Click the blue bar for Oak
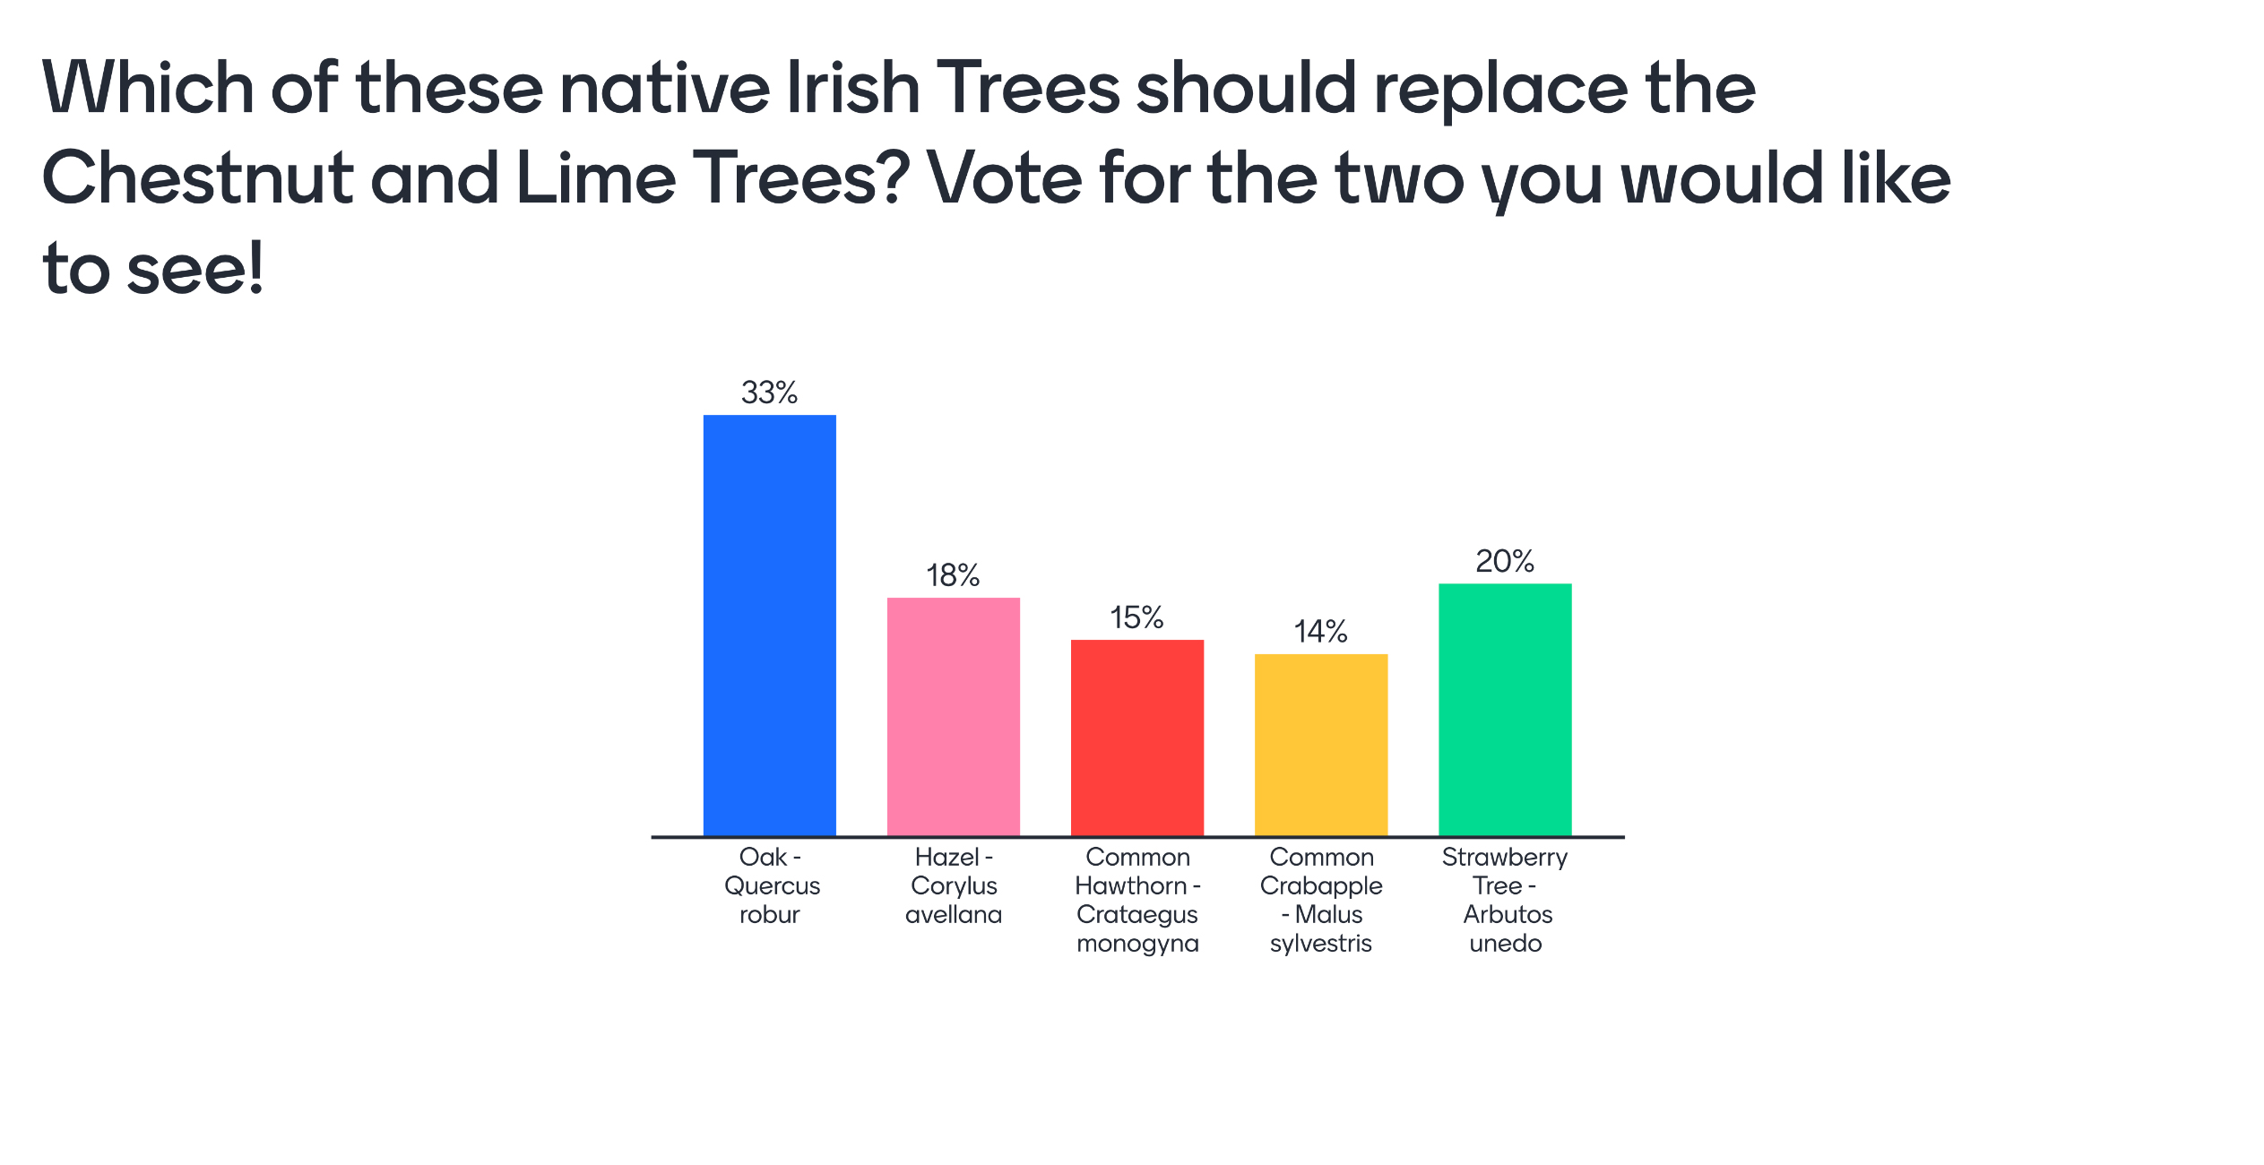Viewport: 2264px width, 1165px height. [769, 625]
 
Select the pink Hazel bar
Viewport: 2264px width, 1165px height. [954, 716]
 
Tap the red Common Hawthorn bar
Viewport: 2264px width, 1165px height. [1137, 738]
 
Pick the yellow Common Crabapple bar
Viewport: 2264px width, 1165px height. [1321, 745]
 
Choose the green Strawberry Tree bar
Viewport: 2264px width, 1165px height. [1505, 709]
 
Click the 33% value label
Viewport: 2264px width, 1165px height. [769, 393]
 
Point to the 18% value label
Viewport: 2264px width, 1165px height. [953, 575]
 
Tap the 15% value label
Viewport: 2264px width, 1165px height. [1136, 617]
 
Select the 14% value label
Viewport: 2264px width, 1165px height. [1320, 632]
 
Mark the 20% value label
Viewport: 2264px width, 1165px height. [1505, 561]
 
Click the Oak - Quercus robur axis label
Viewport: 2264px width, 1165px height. [771, 885]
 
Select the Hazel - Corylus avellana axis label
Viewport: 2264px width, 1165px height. [954, 885]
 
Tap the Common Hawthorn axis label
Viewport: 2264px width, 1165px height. [1137, 900]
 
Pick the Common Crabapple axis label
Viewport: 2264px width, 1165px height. [1321, 900]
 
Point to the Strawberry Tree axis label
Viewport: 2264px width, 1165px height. [1505, 900]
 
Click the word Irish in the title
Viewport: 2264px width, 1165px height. [853, 88]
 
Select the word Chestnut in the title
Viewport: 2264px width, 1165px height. [198, 177]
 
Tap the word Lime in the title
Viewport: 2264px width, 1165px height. [596, 177]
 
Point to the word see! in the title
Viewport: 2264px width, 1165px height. [195, 268]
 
